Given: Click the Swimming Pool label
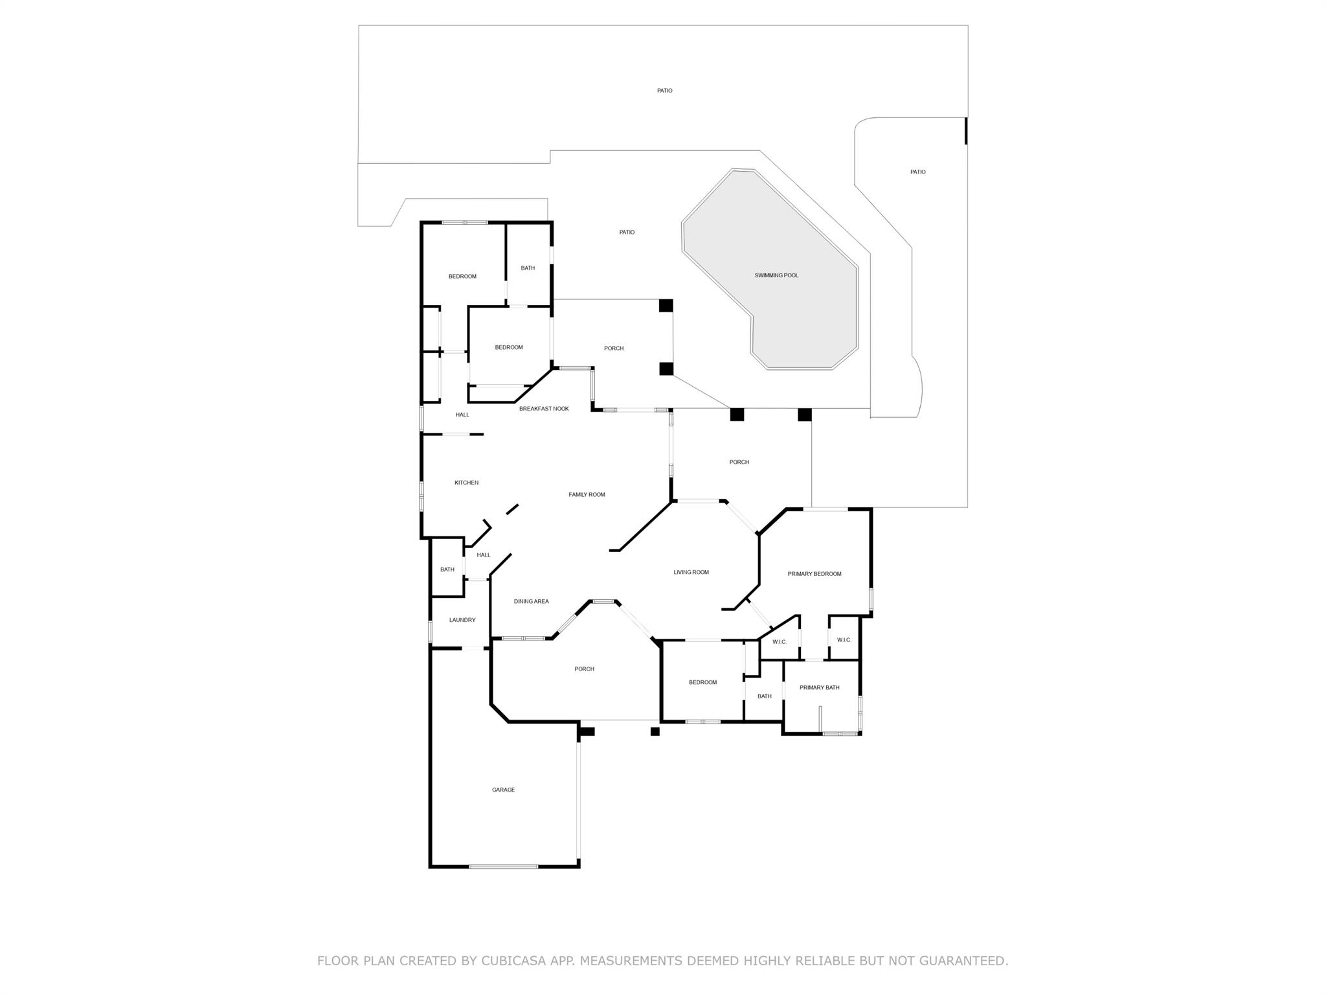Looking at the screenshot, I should coord(776,275).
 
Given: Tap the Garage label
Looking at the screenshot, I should coord(503,790).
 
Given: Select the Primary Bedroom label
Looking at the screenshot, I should coord(814,573).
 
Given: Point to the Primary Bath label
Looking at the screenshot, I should coord(819,687).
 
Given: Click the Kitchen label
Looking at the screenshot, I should coord(466,483).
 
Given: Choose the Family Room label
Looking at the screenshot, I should coord(587,494).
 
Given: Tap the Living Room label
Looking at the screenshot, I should coord(691,572).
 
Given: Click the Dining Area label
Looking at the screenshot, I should coord(531,601).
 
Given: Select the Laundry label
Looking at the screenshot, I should coord(462,620).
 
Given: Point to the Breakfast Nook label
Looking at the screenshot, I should coord(544,409).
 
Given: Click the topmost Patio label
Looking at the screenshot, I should coord(664,91).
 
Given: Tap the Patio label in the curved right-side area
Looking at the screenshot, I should coord(917,172).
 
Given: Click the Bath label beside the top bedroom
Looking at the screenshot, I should coord(528,268).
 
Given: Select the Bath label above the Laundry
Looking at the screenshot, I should coord(447,569).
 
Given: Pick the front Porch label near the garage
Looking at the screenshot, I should coord(584,669).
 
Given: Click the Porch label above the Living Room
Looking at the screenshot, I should coord(739,462).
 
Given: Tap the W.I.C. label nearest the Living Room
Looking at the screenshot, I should coord(779,642).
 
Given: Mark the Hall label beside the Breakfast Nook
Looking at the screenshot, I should coord(462,415).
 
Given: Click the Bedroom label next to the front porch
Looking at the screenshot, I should coord(702,682).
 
